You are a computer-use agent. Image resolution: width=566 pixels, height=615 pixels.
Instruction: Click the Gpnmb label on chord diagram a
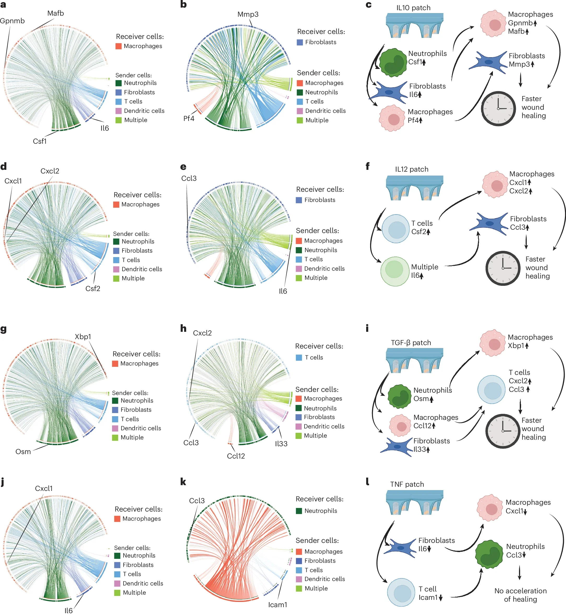12,21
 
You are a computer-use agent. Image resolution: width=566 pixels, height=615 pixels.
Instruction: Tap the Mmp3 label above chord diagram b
248,14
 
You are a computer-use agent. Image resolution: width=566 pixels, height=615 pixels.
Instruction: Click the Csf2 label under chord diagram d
93,288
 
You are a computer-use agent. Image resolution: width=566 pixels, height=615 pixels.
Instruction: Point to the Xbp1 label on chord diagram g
83,336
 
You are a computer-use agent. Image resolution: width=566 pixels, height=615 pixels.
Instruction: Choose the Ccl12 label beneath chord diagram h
236,456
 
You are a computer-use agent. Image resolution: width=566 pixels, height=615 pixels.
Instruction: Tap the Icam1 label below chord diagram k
277,605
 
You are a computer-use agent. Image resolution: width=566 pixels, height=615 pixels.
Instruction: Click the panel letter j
3,482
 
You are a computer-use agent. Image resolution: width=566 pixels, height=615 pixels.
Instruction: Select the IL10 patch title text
413,8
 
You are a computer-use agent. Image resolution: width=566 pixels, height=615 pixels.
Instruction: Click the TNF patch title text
407,484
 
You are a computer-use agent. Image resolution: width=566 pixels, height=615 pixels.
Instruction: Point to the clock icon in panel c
498,108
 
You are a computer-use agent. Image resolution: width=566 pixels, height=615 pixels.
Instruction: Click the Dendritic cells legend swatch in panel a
119,111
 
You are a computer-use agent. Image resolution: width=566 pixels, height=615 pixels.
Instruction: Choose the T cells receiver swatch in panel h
299,357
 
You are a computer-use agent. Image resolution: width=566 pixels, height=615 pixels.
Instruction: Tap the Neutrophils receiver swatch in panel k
299,511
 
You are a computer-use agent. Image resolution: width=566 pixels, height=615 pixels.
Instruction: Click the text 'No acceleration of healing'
520,595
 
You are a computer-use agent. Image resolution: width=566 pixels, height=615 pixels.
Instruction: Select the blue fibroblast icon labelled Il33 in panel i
396,447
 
